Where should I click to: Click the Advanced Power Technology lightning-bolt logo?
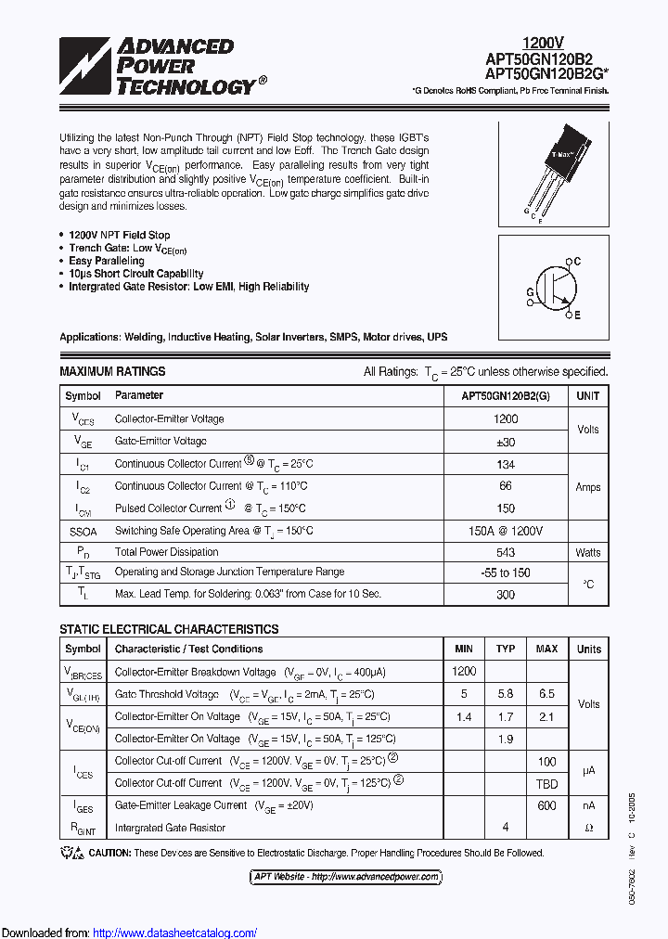click(x=84, y=67)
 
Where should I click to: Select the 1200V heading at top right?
click(x=543, y=43)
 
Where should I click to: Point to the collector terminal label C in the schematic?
click(x=577, y=262)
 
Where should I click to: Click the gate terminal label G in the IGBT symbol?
click(x=530, y=291)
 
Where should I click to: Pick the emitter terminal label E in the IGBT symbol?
click(x=577, y=316)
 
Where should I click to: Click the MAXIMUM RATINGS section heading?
click(x=112, y=371)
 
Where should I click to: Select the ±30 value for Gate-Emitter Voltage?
click(x=506, y=442)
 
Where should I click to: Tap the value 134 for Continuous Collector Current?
click(x=506, y=464)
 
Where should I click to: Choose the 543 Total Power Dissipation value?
click(x=506, y=552)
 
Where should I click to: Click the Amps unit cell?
click(x=588, y=486)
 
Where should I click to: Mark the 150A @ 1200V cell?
click(x=506, y=530)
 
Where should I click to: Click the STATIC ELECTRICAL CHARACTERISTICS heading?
click(x=169, y=629)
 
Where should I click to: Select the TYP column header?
click(x=506, y=649)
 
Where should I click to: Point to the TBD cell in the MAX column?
click(x=546, y=783)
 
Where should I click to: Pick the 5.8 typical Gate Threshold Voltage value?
click(x=506, y=694)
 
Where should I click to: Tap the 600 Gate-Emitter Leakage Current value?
click(x=546, y=805)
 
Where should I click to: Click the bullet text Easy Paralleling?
click(x=107, y=261)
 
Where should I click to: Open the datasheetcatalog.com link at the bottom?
click(x=175, y=933)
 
